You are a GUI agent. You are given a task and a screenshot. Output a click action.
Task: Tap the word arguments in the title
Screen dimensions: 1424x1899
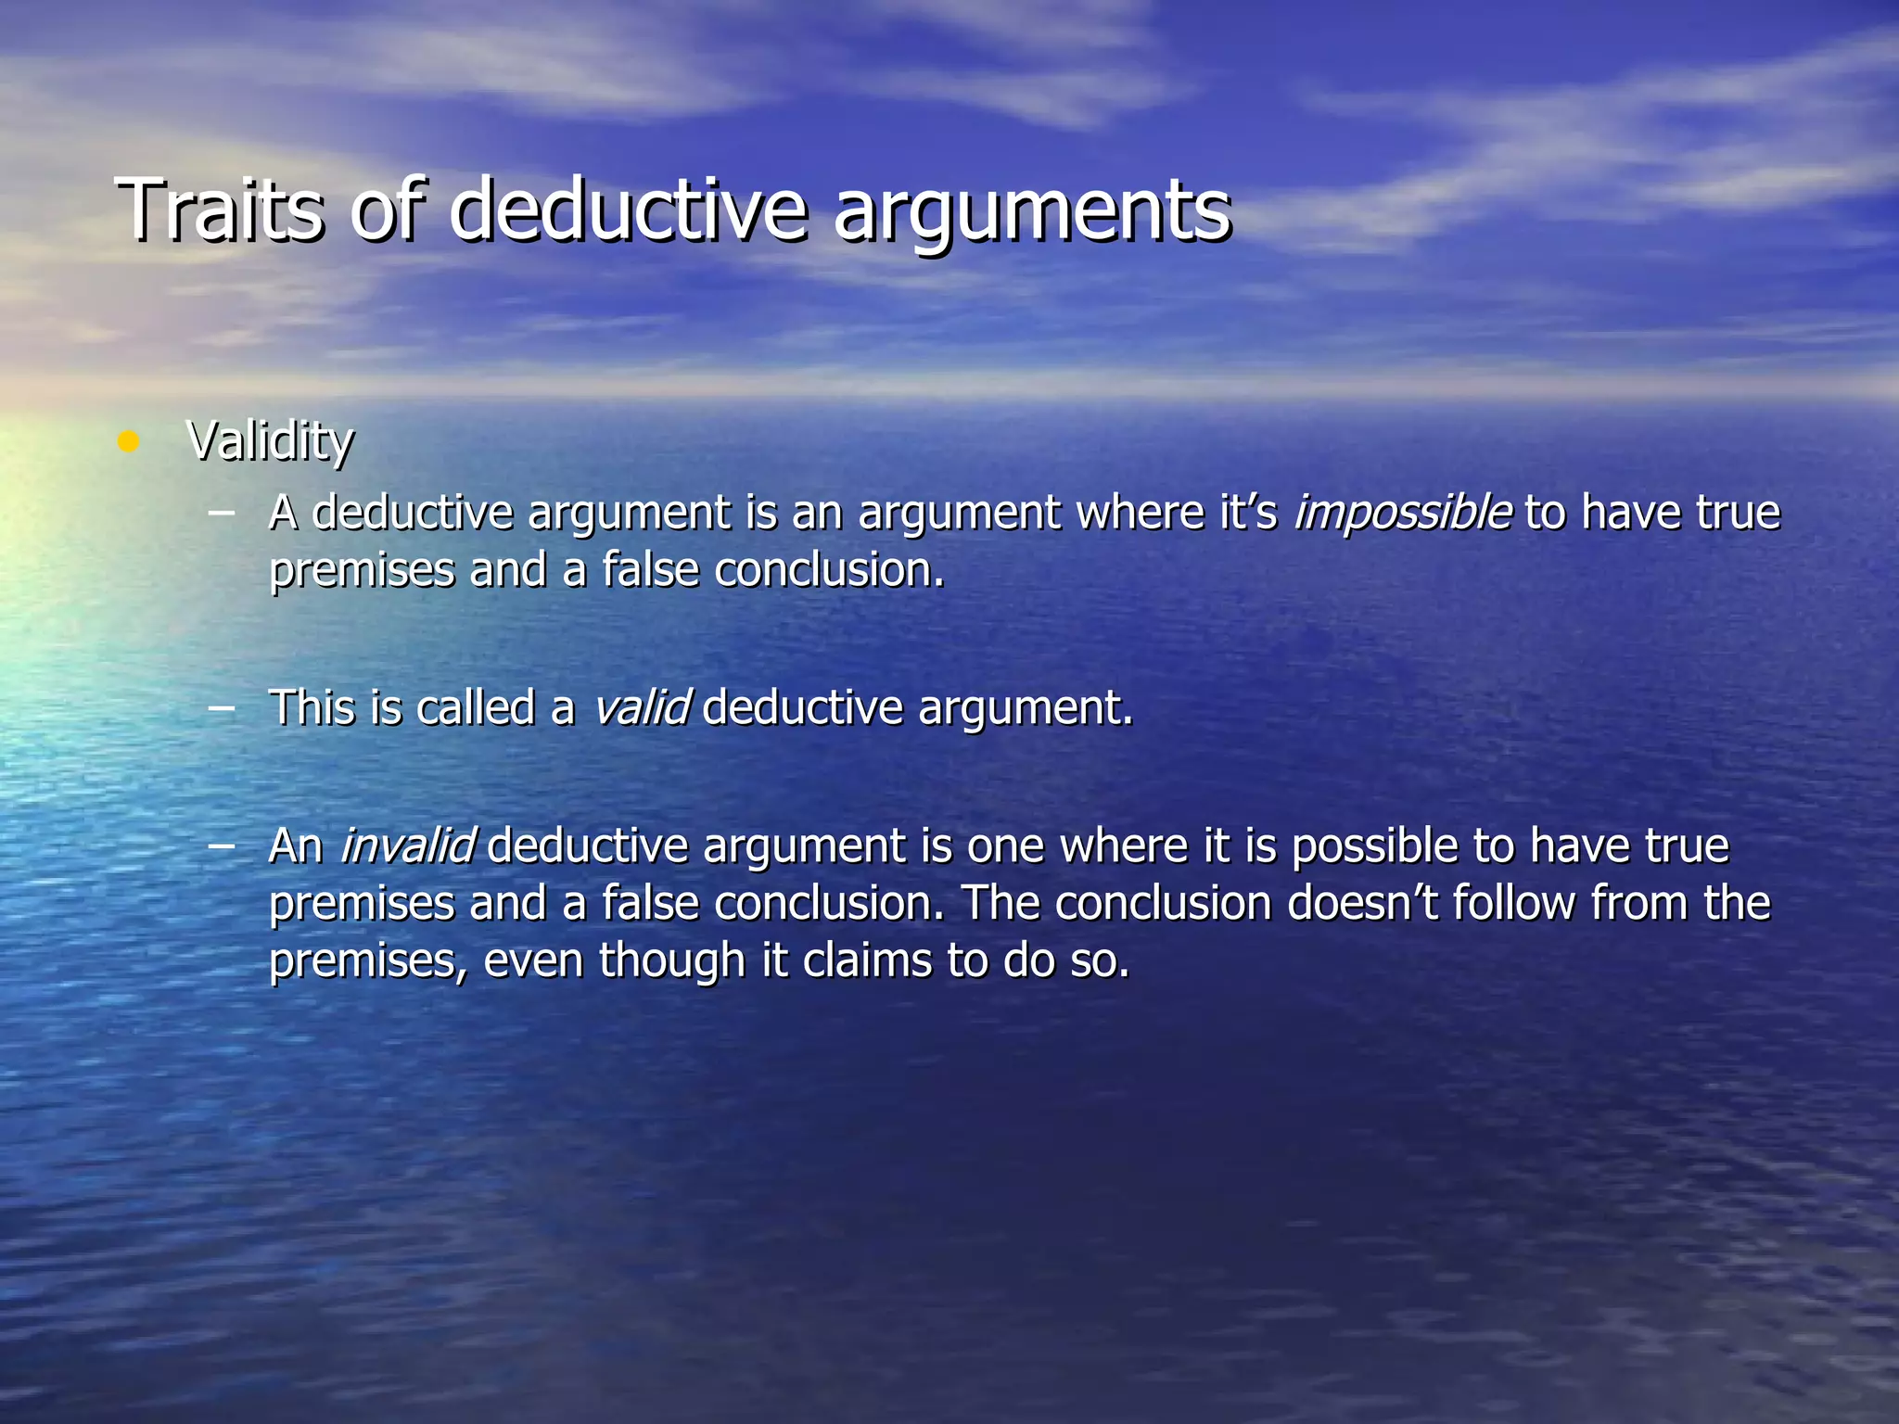click(x=1032, y=215)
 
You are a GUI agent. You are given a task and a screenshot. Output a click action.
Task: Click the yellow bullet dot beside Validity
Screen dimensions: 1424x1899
click(x=128, y=441)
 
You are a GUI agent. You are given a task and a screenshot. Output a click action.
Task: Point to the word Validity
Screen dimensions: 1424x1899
click(x=270, y=441)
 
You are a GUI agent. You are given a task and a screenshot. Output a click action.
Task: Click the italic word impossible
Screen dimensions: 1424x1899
click(x=1402, y=513)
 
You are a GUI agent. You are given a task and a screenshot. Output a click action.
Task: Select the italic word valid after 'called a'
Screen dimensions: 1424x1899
click(x=641, y=708)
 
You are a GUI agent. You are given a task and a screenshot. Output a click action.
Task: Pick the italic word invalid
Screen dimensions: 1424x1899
click(x=407, y=846)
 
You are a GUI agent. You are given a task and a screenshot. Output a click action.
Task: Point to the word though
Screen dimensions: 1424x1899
click(x=672, y=961)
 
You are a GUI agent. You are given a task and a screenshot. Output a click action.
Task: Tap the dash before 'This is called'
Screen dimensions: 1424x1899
click(x=221, y=706)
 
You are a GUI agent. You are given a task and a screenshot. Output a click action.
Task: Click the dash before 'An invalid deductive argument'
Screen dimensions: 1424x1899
click(x=221, y=845)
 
